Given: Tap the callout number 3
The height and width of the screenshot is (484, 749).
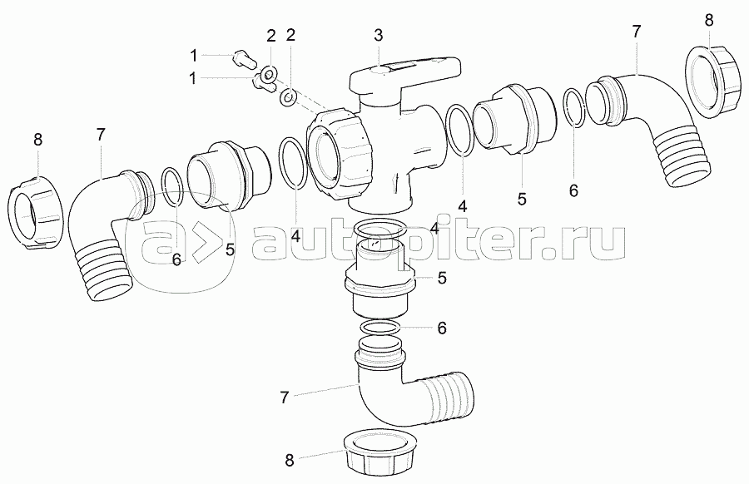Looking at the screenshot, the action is (379, 35).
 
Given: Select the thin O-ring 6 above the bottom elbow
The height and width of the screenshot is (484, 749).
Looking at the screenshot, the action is (380, 328).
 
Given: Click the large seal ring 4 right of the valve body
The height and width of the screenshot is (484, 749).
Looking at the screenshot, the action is (461, 130).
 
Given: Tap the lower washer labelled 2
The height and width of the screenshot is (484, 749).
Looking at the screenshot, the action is (289, 97).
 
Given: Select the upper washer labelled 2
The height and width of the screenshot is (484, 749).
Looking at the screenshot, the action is (269, 73).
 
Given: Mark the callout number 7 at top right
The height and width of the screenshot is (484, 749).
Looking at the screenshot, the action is (636, 32).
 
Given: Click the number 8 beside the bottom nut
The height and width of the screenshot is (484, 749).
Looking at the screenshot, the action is (289, 461).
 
